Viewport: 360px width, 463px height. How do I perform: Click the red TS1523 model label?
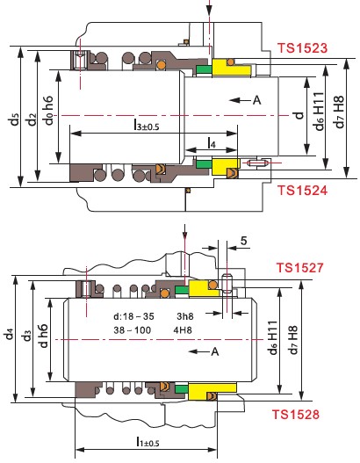(302, 48)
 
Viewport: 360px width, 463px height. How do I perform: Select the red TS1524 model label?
(302, 191)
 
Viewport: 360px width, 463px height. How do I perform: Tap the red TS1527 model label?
(299, 268)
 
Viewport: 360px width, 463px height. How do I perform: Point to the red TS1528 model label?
(295, 415)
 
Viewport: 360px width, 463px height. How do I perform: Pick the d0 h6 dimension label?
(48, 110)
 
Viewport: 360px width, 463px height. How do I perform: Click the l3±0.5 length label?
(147, 125)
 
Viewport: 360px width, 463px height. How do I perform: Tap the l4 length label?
(212, 143)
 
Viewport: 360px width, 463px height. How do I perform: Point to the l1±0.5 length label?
(148, 442)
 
